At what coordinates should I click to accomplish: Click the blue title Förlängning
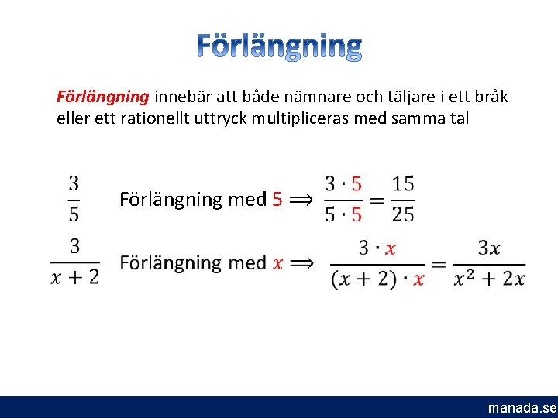coord(278,46)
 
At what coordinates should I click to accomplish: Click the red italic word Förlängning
coord(103,98)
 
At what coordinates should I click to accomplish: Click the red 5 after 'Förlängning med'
coord(277,199)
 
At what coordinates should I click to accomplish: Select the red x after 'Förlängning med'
coord(277,263)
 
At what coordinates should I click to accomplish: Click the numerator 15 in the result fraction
coord(403,184)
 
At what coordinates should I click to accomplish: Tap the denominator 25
coord(403,214)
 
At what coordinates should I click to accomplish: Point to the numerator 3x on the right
coord(489,248)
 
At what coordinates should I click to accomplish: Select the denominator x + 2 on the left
coord(75,277)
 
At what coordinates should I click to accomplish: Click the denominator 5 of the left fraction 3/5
coord(74,212)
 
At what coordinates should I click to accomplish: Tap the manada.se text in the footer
coord(522,408)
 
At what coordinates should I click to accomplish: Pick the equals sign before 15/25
coord(377,200)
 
